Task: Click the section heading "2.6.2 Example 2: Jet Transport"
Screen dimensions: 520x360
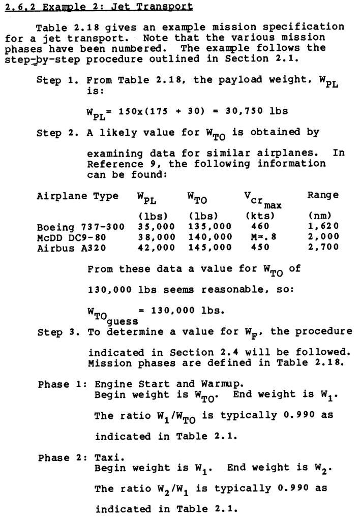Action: tap(99, 7)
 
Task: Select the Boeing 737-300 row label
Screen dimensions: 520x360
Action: tap(80, 226)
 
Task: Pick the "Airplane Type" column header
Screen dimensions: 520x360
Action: tap(77, 196)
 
